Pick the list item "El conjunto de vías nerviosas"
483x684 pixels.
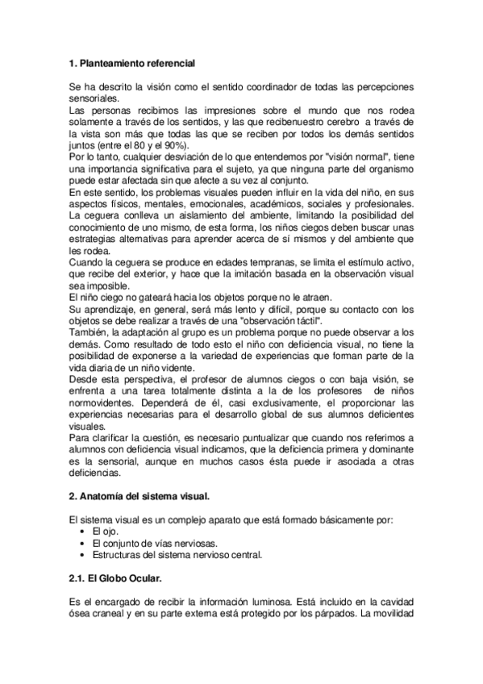click(x=155, y=544)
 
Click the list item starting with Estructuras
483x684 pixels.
click(x=177, y=556)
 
